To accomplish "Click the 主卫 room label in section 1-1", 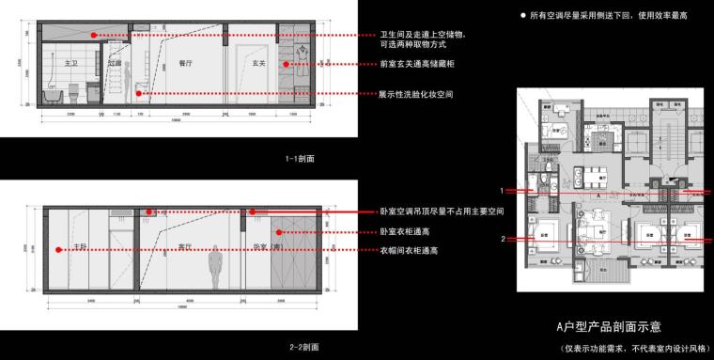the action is point(70,61).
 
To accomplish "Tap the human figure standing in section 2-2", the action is point(215,268).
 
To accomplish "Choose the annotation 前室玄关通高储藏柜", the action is point(420,64).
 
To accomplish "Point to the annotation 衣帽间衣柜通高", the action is point(411,251).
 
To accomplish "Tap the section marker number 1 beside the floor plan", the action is point(502,190).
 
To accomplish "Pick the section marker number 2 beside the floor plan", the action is point(502,240).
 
